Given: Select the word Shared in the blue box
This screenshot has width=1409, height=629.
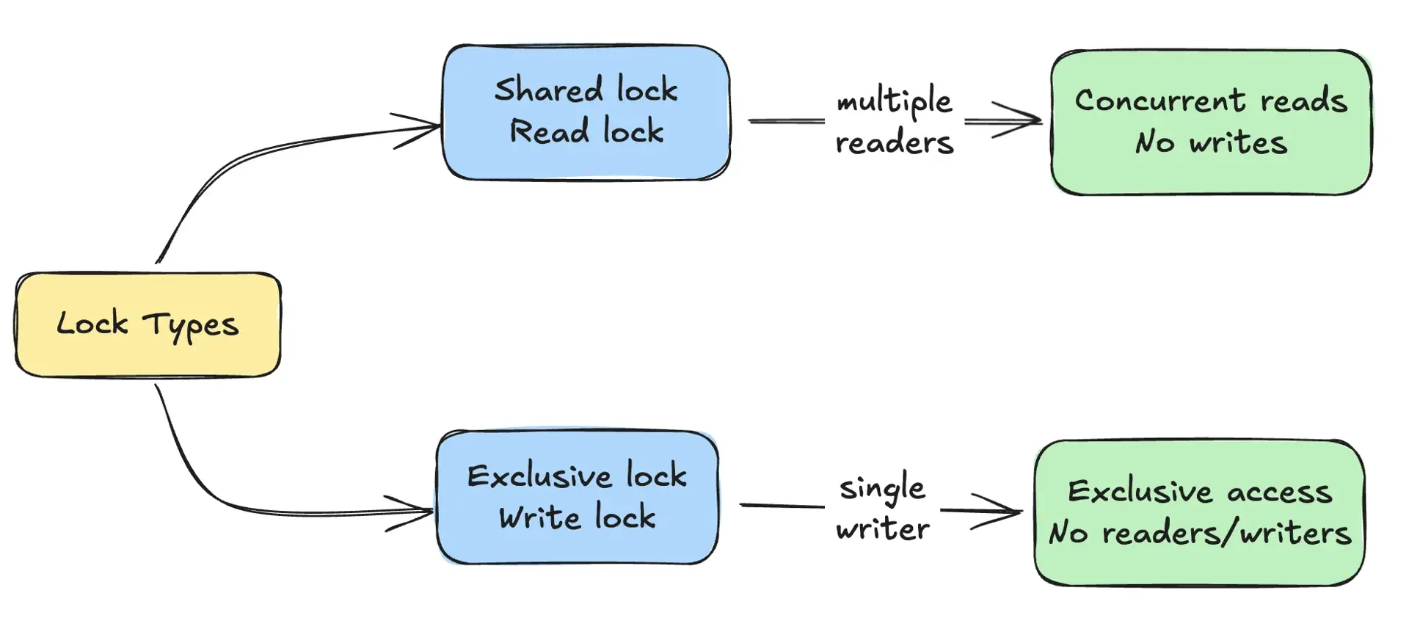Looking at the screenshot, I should [x=548, y=90].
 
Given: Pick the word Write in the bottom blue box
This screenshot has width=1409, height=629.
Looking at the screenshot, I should [x=539, y=517].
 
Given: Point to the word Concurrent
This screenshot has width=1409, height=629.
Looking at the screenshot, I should [x=1160, y=101].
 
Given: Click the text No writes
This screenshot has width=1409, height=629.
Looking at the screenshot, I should [x=1211, y=142].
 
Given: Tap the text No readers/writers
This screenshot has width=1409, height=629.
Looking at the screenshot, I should [x=1200, y=532].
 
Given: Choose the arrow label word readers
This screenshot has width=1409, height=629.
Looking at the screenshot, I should [x=894, y=142].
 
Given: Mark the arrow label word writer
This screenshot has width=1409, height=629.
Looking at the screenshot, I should [x=882, y=529].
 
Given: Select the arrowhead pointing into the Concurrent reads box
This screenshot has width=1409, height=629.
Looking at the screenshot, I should [x=1027, y=120].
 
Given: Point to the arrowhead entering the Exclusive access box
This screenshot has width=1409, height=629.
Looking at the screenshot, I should [x=1009, y=512].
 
